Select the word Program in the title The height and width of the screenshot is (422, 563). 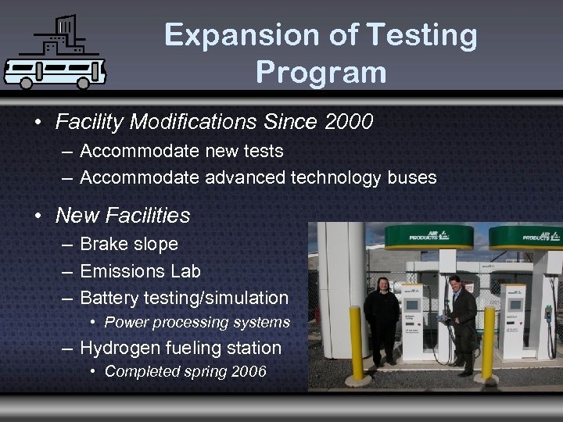321,72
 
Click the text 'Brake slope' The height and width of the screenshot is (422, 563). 129,244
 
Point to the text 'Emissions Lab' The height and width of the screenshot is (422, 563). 140,271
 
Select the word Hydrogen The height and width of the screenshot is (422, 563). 121,348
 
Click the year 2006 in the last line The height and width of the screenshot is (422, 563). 249,371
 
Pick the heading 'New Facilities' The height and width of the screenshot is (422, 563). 123,214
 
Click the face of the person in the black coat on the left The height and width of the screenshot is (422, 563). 384,284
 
